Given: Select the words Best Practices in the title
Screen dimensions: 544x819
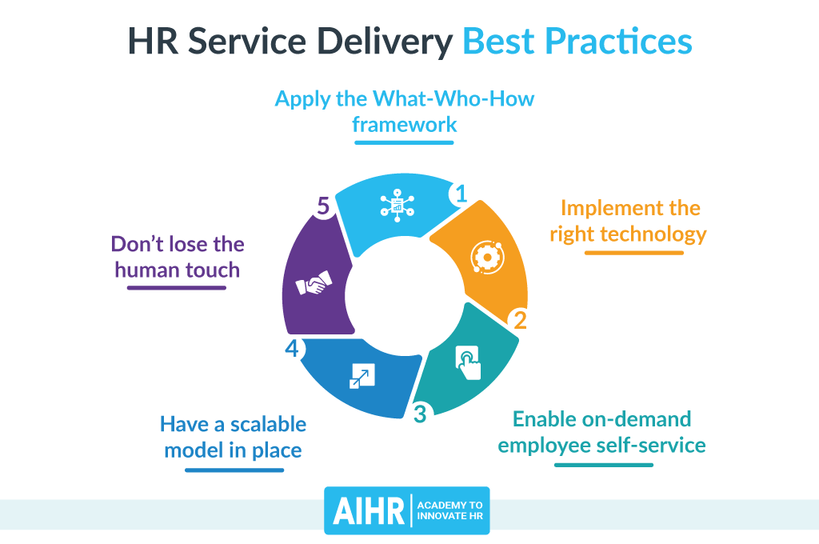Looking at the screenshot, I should pos(577,42).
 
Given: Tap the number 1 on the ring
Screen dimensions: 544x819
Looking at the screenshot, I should pos(461,194).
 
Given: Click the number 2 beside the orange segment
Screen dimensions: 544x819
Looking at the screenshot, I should pos(521,320).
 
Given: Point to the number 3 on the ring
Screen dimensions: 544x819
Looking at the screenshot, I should pos(421,414).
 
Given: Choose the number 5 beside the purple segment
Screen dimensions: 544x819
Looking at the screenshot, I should pos(322,206).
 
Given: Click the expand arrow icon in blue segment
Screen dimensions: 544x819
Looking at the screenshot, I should pos(358,375).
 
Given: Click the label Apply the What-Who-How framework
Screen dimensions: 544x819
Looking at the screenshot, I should pos(404,111).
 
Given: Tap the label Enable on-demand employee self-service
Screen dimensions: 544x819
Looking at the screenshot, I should pos(601,431).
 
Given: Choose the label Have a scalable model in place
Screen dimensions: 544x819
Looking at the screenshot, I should pos(233,436).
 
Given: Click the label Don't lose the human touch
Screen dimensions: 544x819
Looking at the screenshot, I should pos(178,256).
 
